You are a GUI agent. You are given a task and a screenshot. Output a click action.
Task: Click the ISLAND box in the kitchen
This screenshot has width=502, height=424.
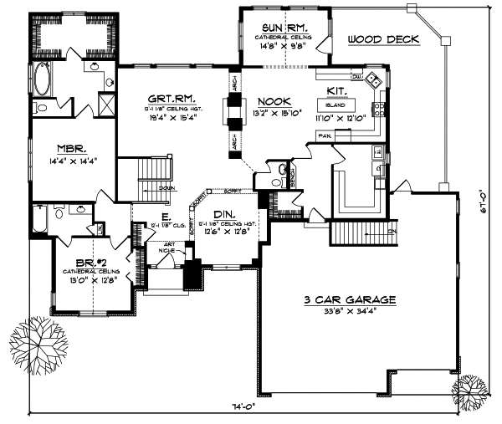click(x=336, y=105)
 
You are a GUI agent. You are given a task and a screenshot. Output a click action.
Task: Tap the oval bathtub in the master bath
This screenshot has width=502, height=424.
click(x=44, y=81)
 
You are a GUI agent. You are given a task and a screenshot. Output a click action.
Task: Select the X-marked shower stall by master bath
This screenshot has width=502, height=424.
click(x=106, y=105)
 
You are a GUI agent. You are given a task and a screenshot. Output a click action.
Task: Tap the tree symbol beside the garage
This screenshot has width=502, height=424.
click(x=471, y=390)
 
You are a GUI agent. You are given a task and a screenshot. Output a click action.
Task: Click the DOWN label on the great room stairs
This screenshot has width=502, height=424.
click(x=166, y=188)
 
